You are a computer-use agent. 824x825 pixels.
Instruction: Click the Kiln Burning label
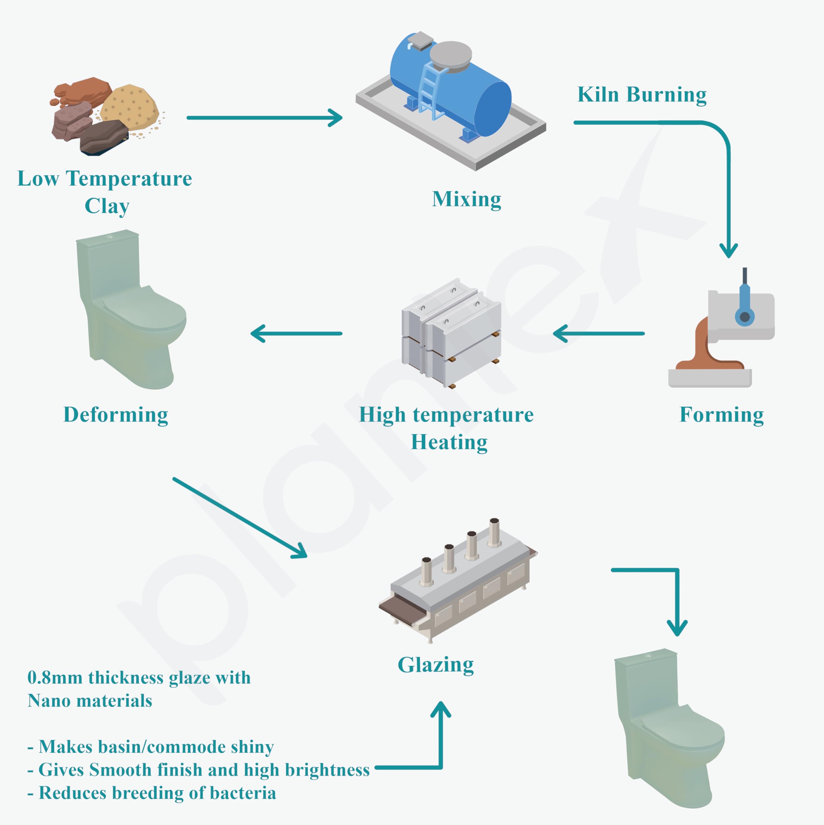(x=642, y=95)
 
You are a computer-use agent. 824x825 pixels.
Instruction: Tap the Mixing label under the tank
(x=466, y=199)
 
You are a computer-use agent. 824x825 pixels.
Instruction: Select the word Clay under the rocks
(x=107, y=206)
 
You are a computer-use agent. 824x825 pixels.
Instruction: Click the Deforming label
(x=116, y=415)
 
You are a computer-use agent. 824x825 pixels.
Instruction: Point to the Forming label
(x=721, y=415)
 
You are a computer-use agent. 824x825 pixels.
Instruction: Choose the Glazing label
(x=436, y=665)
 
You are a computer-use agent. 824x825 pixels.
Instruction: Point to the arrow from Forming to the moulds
(x=598, y=334)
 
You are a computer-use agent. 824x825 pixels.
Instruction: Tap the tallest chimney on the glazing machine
(x=494, y=532)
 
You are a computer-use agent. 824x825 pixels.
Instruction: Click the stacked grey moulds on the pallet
(x=451, y=333)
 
